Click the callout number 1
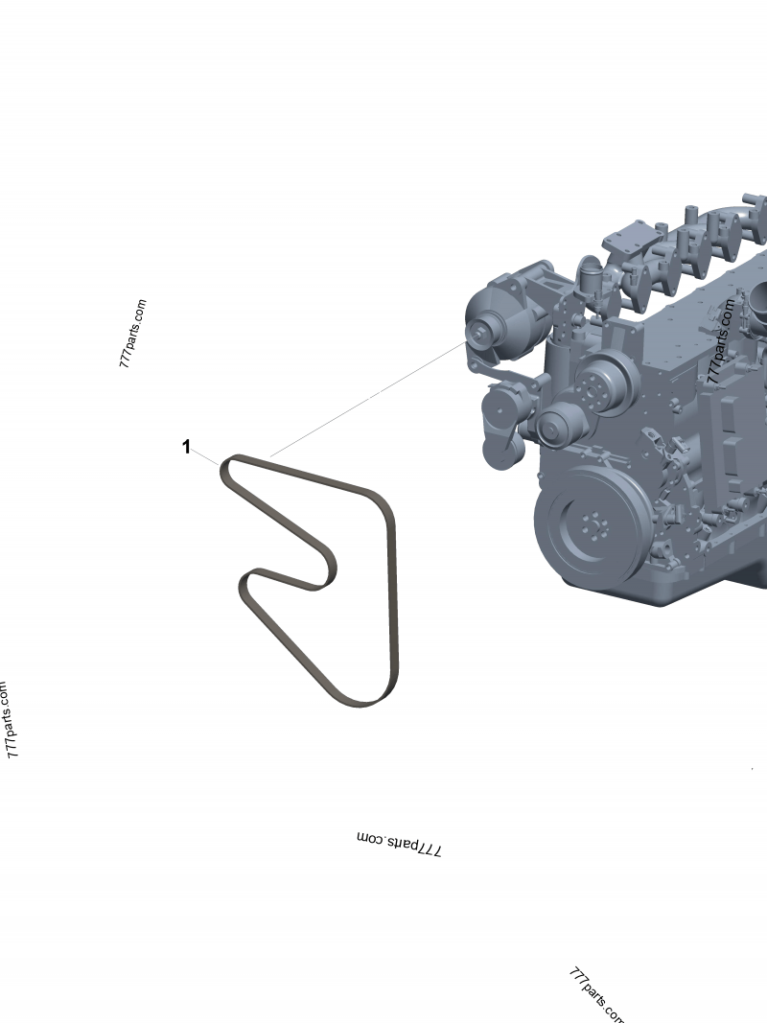click(187, 447)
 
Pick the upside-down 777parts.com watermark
click(400, 844)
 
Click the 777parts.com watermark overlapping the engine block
click(721, 340)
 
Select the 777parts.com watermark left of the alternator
click(133, 334)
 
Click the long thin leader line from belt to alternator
click(368, 398)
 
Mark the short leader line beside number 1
click(205, 456)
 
